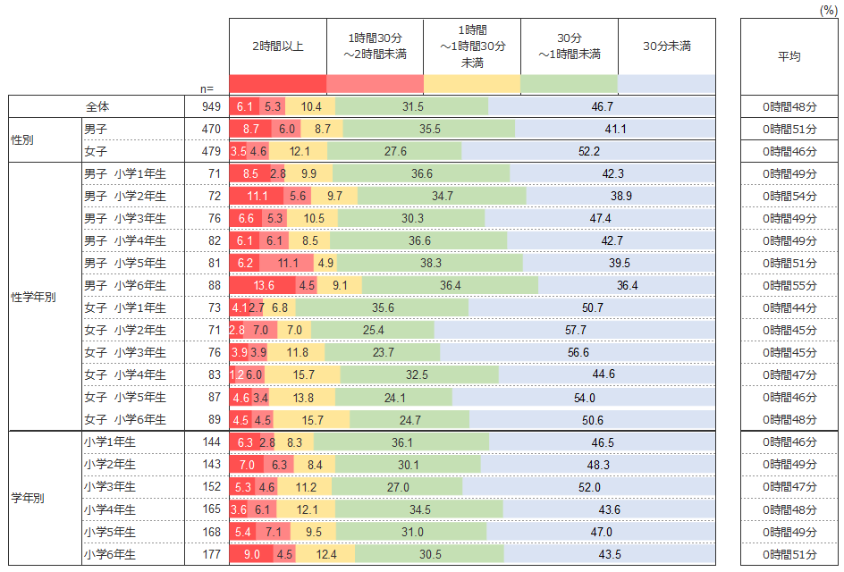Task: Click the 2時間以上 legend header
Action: [x=277, y=46]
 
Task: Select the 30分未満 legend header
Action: [x=666, y=46]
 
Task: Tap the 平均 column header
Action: [x=789, y=56]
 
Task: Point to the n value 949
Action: [x=211, y=106]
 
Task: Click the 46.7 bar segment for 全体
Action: [x=602, y=106]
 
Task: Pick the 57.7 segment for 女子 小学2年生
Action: [x=575, y=330]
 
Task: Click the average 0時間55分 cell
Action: [x=789, y=285]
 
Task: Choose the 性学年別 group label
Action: [x=33, y=297]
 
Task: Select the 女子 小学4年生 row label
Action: [x=124, y=374]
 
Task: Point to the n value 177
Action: [x=211, y=554]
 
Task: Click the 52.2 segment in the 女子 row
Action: [x=588, y=151]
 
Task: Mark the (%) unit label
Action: [x=829, y=9]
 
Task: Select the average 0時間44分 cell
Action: [x=789, y=307]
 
